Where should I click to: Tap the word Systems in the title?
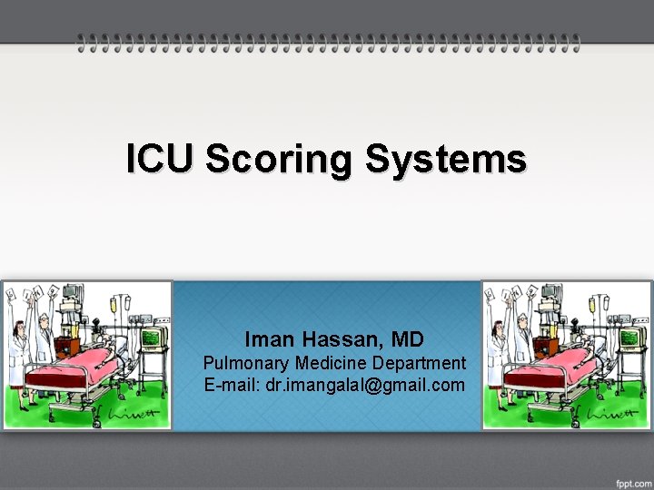click(445, 159)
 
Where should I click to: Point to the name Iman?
click(267, 339)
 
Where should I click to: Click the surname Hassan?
click(337, 339)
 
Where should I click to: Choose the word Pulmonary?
click(245, 363)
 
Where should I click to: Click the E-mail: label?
click(233, 385)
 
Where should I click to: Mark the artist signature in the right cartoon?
click(610, 415)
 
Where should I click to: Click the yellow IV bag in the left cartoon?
click(114, 305)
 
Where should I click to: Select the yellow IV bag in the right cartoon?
click(593, 305)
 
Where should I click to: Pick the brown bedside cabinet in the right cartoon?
click(547, 346)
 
